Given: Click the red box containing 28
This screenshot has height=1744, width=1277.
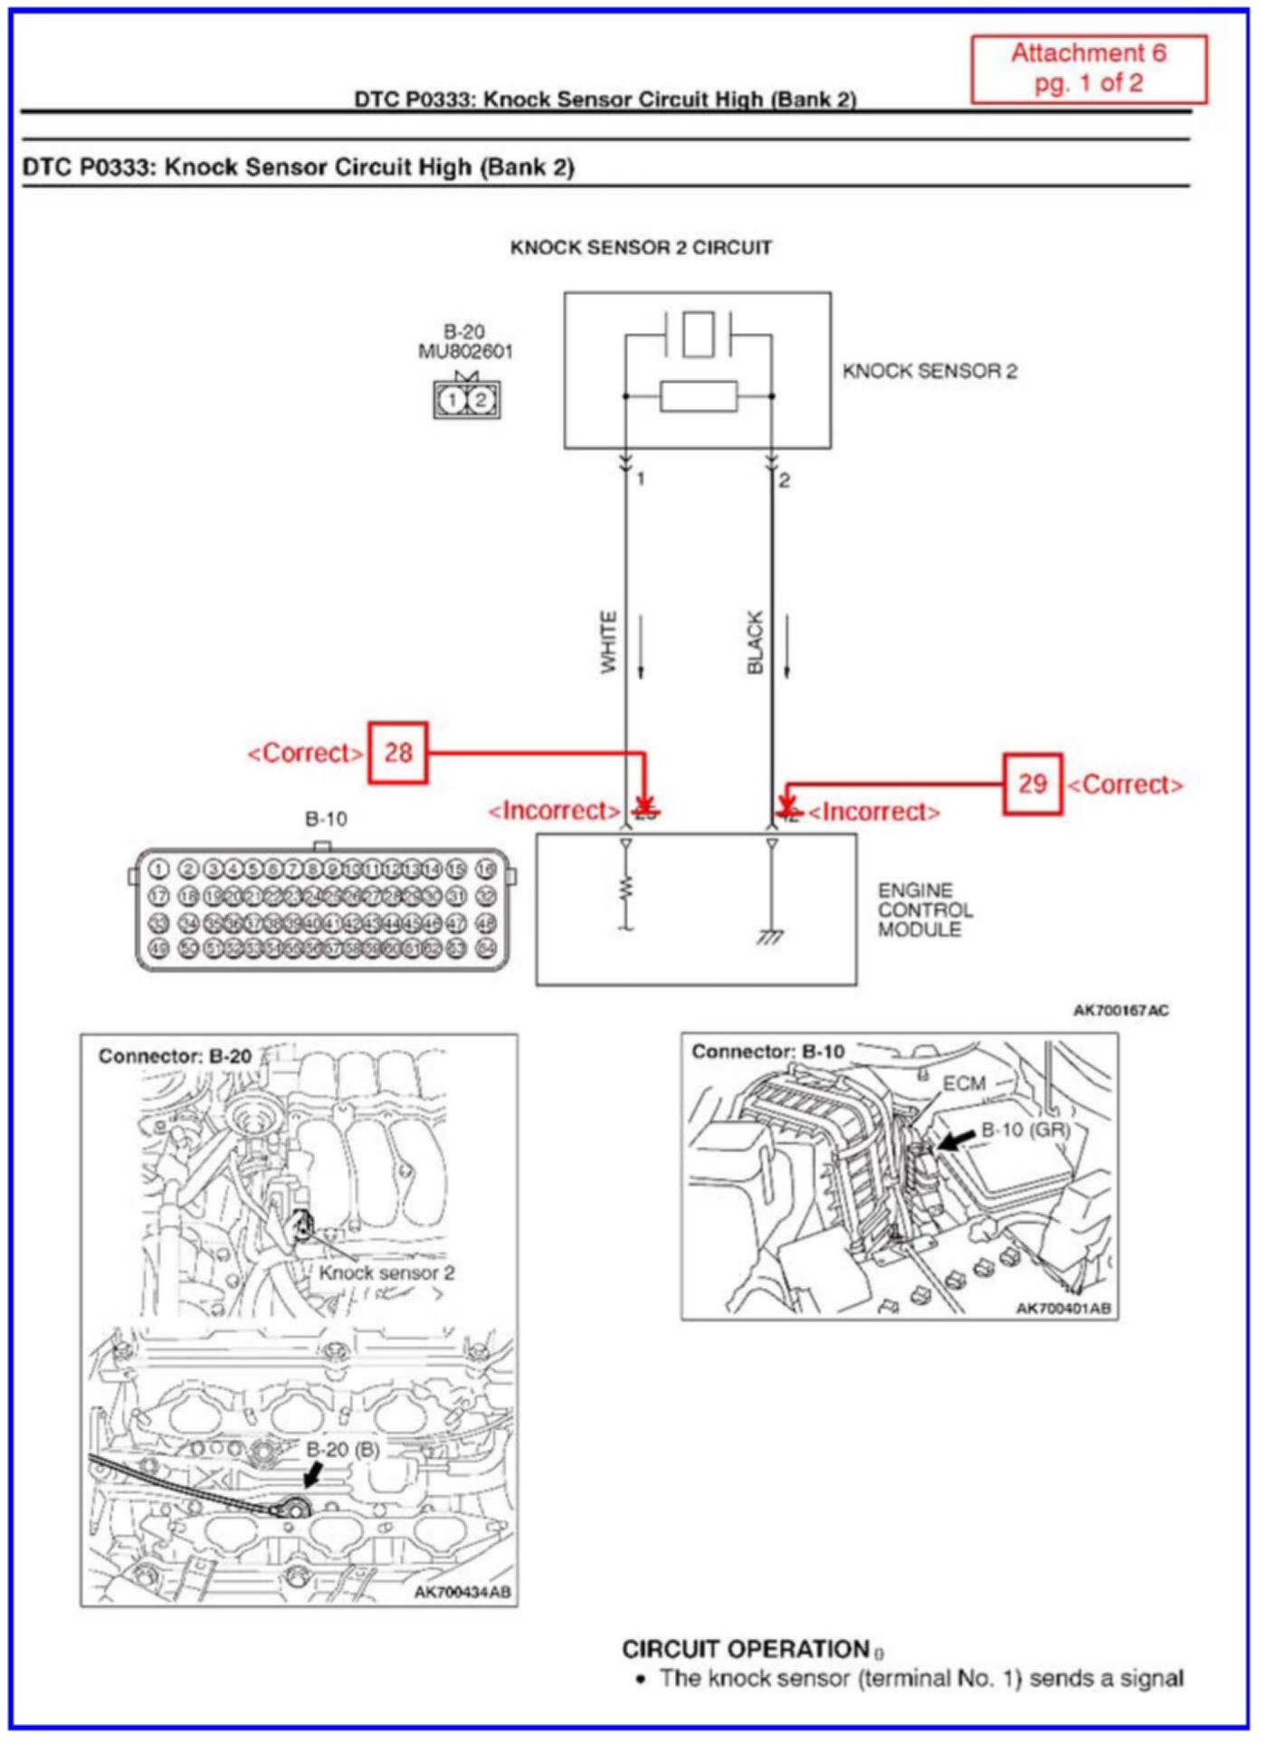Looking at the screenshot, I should coord(397,752).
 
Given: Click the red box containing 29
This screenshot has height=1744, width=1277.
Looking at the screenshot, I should coord(1032,784).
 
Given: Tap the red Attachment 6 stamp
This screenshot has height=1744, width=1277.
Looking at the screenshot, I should coord(1089,69).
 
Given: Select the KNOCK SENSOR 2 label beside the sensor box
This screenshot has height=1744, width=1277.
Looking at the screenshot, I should coord(929,371).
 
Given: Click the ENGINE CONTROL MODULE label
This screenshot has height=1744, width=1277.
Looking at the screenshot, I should coord(925,910).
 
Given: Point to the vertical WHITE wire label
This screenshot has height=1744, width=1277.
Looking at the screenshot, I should coord(608,642).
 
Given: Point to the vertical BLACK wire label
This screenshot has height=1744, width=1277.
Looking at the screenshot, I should coord(755,642).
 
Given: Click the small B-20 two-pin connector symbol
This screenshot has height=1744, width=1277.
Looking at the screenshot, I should coord(466,399).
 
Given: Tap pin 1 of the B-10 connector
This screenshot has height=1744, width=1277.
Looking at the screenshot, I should coord(158,869).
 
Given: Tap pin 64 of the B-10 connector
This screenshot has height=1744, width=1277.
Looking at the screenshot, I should coord(487,948).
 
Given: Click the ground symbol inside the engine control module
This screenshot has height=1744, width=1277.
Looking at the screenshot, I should coord(770,937).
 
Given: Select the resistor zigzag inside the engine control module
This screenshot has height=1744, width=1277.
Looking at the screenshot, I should coord(625,888).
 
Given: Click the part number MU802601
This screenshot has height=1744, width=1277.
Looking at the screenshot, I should coord(465,351).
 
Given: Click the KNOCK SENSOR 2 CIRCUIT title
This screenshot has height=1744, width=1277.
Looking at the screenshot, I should coord(641,248).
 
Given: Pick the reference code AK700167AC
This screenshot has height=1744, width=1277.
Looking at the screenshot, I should coord(1120,1010).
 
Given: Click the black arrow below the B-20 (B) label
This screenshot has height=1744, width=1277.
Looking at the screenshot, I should coord(311,1476).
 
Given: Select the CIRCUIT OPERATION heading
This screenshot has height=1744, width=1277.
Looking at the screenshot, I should coord(746,1649).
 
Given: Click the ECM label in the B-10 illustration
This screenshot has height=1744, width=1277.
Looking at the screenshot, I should coord(963,1083).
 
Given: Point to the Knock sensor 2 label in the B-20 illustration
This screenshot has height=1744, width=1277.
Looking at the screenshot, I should coord(386,1272).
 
